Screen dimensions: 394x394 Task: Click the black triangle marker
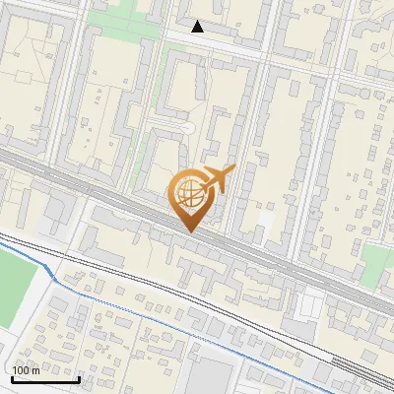pos(198,27)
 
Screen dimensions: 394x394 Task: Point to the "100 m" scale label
pos(26,370)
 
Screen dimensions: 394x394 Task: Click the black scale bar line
pos(45,378)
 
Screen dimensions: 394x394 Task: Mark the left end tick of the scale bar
pos(12,377)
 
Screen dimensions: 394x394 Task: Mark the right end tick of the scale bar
pos(79,377)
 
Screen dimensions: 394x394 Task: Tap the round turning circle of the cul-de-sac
pos(184,128)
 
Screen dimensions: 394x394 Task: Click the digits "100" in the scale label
pos(20,370)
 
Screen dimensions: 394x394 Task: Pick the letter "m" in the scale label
pos(35,371)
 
